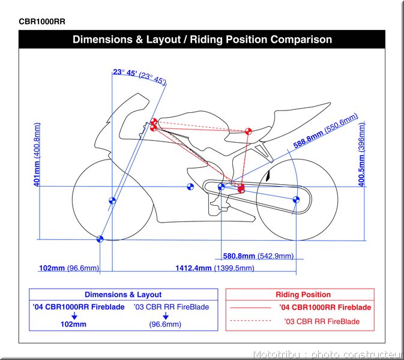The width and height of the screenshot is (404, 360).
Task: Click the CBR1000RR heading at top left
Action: (x=42, y=22)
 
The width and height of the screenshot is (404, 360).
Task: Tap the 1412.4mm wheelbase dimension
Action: (x=193, y=268)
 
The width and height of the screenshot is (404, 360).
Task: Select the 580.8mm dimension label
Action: (x=239, y=256)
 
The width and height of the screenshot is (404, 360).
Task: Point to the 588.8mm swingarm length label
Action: (x=309, y=140)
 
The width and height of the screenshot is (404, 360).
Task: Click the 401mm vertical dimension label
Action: (x=37, y=173)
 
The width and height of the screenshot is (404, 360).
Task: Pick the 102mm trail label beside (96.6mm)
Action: (x=52, y=268)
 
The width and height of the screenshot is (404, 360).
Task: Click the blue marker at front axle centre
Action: (x=112, y=200)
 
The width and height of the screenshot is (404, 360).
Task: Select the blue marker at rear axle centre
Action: (x=296, y=200)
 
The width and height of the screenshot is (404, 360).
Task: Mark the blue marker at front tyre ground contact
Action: (x=100, y=239)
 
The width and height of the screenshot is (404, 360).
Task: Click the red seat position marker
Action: (x=248, y=131)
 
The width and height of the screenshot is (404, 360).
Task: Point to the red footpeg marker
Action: (x=241, y=188)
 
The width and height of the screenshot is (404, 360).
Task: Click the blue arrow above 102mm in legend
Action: (x=74, y=316)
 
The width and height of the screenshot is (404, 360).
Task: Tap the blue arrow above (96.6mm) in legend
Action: (x=166, y=316)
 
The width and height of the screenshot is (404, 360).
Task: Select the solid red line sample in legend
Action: (x=250, y=308)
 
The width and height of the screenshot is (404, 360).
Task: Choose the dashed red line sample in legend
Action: (x=250, y=321)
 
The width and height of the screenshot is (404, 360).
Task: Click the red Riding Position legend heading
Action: (x=303, y=295)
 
